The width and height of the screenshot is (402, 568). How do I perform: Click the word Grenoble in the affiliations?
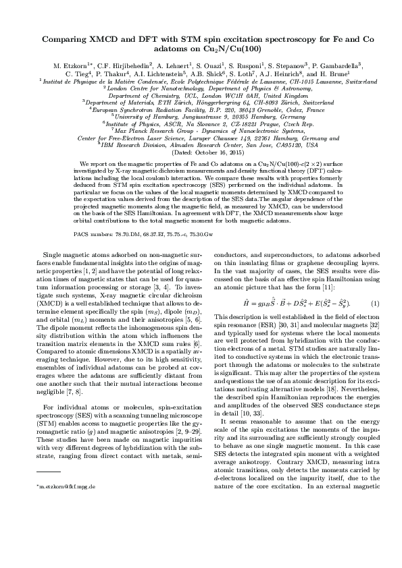tap(255, 109)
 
